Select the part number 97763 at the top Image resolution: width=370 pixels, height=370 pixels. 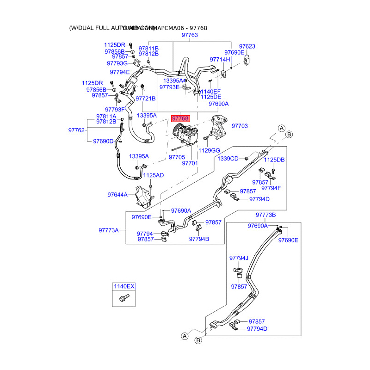tap(190, 35)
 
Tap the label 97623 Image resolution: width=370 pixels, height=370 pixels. tap(247, 46)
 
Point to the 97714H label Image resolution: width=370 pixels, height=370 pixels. tap(220, 60)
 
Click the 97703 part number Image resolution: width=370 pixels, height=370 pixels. tap(240, 126)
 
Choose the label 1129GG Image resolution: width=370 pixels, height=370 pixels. tap(209, 150)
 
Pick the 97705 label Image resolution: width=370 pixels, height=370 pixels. tap(177, 157)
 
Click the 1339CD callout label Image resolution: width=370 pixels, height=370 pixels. tap(228, 159)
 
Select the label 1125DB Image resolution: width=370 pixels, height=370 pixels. tap(274, 160)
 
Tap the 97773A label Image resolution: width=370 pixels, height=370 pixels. tap(108, 230)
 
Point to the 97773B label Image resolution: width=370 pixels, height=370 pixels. tap(265, 215)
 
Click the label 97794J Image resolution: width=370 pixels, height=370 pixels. tap(239, 258)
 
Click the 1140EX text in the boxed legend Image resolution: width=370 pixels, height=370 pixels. tap(124, 287)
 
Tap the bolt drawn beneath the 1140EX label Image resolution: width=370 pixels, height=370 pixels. tap(123, 298)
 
